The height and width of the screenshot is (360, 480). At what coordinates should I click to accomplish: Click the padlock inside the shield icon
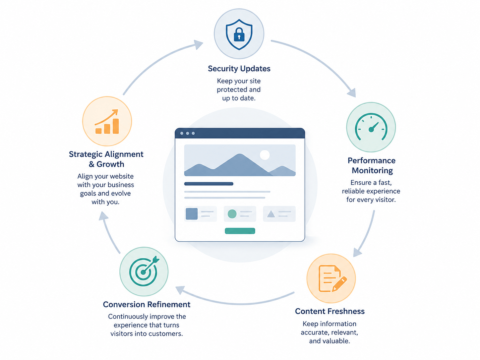pyautogui.click(x=239, y=34)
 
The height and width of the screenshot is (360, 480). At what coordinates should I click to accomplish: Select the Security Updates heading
pyautogui.click(x=239, y=69)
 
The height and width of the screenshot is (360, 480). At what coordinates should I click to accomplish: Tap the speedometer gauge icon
pyautogui.click(x=371, y=127)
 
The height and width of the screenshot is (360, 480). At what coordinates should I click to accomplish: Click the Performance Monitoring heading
pyautogui.click(x=372, y=165)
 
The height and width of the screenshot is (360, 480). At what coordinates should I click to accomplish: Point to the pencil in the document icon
pyautogui.click(x=339, y=284)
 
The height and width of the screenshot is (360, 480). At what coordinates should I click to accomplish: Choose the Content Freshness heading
pyautogui.click(x=330, y=311)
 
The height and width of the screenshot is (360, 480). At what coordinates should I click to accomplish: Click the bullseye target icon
pyautogui.click(x=144, y=271)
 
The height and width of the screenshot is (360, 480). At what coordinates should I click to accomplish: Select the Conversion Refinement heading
pyautogui.click(x=147, y=305)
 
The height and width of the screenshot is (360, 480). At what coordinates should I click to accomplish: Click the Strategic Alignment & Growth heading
pyautogui.click(x=106, y=159)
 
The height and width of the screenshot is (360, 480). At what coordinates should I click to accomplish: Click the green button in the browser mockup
pyautogui.click(x=240, y=231)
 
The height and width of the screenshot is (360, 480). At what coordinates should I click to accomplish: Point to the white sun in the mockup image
pyautogui.click(x=265, y=155)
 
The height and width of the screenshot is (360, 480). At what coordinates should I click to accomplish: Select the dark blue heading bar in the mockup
pyautogui.click(x=209, y=184)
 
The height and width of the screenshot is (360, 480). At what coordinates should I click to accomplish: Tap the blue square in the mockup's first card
pyautogui.click(x=192, y=214)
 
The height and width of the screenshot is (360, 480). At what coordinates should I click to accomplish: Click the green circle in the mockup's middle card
pyautogui.click(x=232, y=214)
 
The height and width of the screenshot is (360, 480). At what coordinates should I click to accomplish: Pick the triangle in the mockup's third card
pyautogui.click(x=271, y=214)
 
